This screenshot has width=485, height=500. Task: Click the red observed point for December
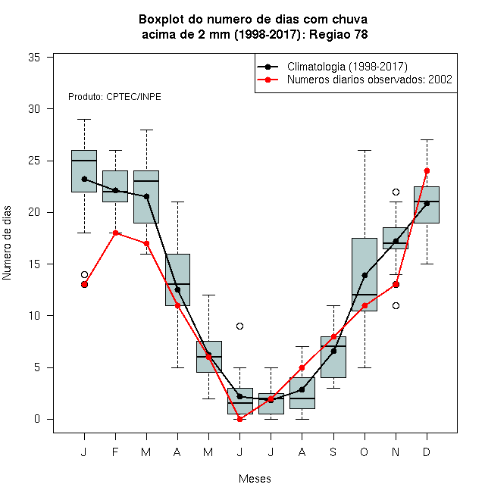coord(427,171)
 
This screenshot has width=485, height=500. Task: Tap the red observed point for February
coord(115,233)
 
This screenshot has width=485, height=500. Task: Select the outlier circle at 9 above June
coord(240,326)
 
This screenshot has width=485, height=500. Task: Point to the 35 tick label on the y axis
coord(34,58)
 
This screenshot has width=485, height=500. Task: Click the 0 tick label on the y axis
coord(37,419)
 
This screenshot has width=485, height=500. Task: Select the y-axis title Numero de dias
coord(7,243)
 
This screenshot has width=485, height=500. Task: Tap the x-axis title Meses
coord(255,479)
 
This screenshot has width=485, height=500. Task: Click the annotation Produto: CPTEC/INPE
coord(114,97)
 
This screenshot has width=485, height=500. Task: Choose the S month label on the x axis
coord(333,452)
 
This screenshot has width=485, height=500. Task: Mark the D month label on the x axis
coord(427,452)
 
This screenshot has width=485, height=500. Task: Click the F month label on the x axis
coord(115,452)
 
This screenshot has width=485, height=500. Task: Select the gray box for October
coord(365,274)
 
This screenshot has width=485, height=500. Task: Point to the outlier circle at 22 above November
coord(396,192)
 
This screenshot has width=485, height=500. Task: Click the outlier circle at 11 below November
coord(396,305)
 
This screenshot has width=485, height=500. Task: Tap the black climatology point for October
coord(365,275)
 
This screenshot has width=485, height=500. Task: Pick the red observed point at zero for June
coord(240,419)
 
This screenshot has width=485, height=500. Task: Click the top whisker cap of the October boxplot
coord(365,150)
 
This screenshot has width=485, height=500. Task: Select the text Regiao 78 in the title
coord(339,34)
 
